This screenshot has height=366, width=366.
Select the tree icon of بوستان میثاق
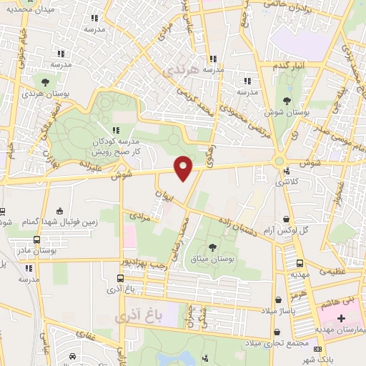point(212,247)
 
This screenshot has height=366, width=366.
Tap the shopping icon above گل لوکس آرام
point(287,219)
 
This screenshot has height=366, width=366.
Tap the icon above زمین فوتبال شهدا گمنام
point(60,211)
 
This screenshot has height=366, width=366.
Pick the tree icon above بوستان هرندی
point(45,81)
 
